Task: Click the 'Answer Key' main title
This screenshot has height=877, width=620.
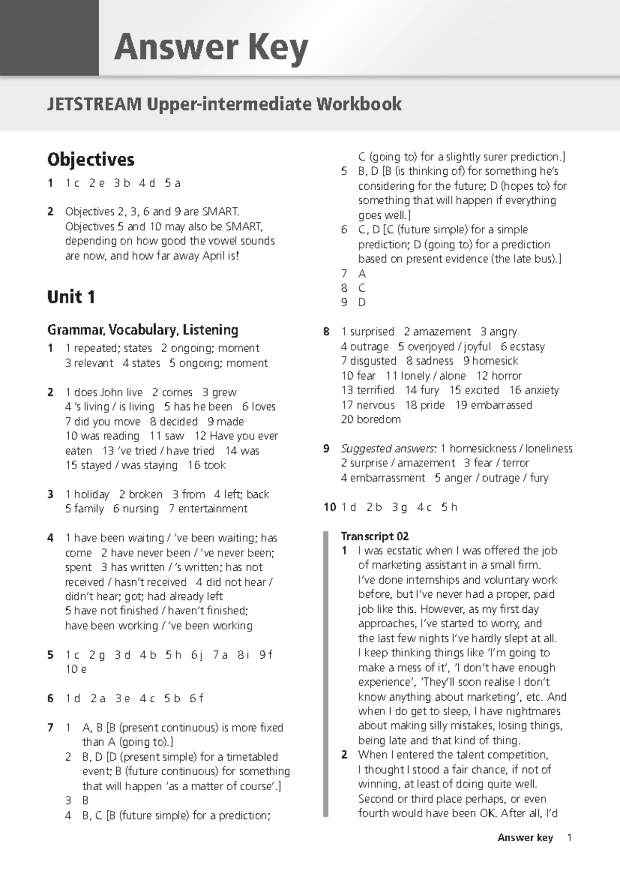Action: [x=211, y=48]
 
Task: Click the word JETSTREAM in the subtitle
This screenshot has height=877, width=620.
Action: [x=94, y=104]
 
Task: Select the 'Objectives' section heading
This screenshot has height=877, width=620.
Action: [x=90, y=159]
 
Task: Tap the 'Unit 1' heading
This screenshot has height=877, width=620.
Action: [x=71, y=297]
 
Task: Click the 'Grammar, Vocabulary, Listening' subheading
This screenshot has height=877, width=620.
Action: [x=143, y=330]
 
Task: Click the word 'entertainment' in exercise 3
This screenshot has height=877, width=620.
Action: [x=213, y=509]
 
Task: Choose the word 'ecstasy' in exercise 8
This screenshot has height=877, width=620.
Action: [x=527, y=346]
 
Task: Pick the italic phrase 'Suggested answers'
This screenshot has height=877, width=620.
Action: [x=387, y=449]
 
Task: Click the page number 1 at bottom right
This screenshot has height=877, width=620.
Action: [x=569, y=838]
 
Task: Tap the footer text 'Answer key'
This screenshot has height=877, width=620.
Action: [x=525, y=838]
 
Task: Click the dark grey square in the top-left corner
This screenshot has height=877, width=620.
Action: [x=49, y=38]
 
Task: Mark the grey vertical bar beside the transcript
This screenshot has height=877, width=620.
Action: [x=326, y=672]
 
